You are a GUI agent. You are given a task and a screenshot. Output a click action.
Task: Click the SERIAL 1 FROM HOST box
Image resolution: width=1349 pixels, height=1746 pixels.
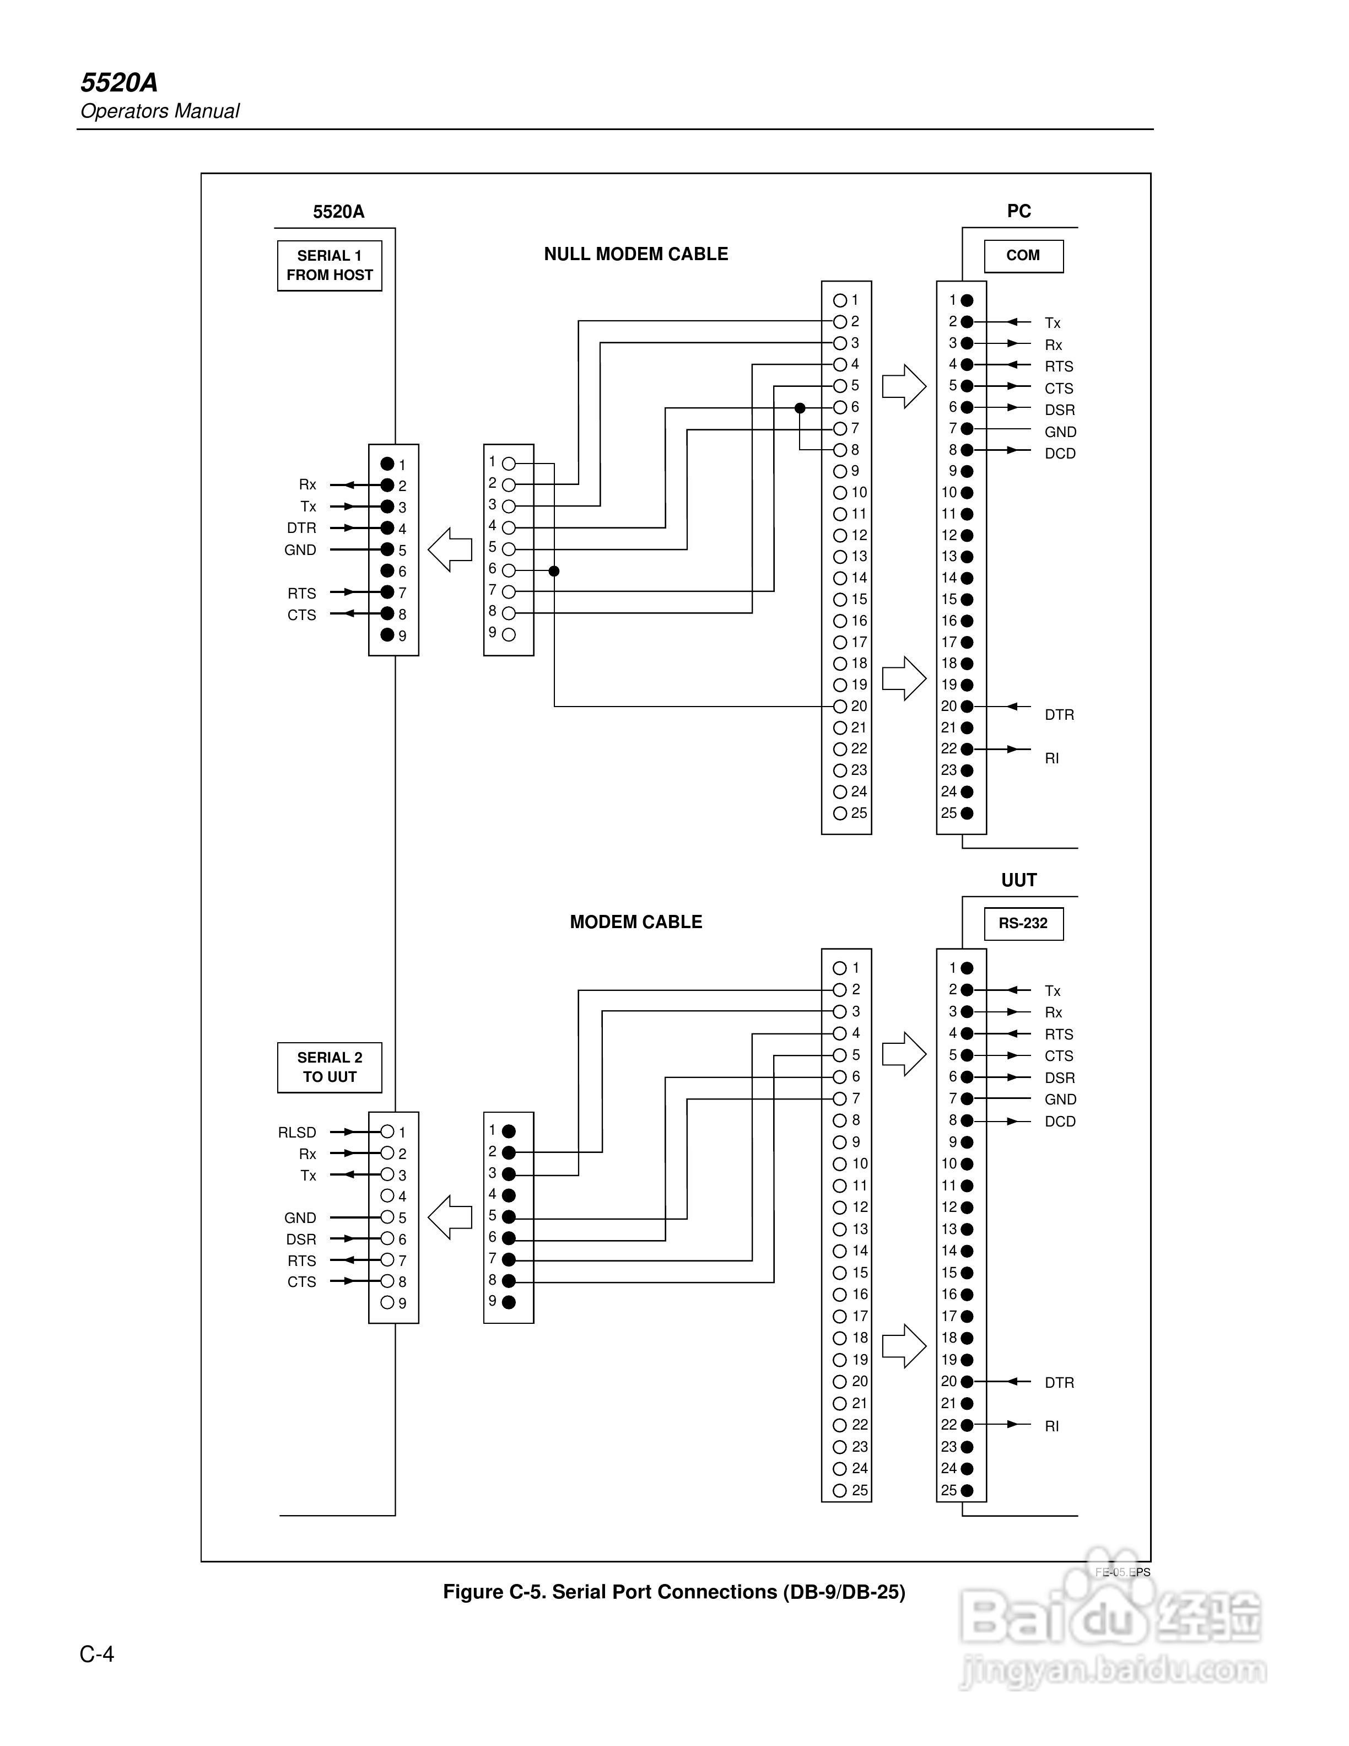(329, 266)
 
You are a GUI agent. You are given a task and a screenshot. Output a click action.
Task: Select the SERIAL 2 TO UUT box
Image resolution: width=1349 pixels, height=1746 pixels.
(329, 1067)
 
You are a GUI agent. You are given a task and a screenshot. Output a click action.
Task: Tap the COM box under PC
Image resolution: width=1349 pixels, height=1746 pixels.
(1023, 256)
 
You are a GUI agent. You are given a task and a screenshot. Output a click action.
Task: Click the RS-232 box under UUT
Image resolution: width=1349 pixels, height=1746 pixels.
(1023, 923)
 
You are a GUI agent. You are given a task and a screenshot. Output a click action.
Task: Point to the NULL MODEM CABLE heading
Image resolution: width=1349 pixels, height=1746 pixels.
(636, 254)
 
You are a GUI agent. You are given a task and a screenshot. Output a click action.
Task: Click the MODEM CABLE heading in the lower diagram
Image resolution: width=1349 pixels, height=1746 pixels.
(636, 921)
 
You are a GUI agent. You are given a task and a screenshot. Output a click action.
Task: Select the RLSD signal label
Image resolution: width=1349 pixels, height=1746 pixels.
(297, 1132)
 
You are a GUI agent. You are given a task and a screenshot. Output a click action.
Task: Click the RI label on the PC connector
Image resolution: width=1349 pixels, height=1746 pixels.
(1052, 758)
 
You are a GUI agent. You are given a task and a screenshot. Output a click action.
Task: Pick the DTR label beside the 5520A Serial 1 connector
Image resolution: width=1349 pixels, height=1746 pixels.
(301, 527)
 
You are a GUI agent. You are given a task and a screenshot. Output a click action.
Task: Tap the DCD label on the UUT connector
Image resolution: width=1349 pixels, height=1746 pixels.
(1060, 1121)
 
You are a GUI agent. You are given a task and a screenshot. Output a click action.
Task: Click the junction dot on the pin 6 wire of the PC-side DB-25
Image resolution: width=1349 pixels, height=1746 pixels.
(800, 408)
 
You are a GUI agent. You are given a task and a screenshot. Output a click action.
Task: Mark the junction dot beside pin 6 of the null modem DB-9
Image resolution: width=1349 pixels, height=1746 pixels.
(554, 571)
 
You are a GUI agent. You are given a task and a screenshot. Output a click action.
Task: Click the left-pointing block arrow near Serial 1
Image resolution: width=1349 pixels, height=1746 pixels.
(450, 549)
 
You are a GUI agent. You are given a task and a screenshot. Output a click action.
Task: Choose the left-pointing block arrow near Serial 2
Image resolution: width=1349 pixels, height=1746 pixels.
(450, 1217)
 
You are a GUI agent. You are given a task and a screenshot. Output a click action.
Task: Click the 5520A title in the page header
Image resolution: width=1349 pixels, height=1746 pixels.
(119, 82)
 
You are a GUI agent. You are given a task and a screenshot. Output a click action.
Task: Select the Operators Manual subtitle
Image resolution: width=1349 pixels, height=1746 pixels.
(160, 111)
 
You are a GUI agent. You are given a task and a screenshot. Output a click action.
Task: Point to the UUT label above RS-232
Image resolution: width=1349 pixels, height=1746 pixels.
(1019, 880)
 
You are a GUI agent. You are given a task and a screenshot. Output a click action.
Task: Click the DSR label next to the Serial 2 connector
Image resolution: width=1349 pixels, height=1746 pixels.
(301, 1239)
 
